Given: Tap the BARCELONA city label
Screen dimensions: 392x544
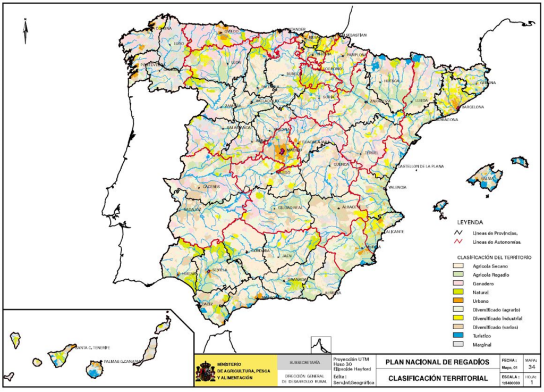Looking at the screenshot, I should click(x=473, y=107).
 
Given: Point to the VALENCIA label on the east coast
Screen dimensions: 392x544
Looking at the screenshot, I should click(x=397, y=187).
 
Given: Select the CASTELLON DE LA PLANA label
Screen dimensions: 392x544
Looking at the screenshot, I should click(x=421, y=166).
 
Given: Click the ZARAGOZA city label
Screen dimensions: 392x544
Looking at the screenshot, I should click(x=380, y=101).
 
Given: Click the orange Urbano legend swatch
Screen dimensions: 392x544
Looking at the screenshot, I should click(x=457, y=301).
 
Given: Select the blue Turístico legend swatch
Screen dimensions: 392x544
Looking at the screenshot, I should click(x=457, y=336).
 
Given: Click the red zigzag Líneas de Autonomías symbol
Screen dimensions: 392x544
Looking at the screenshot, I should click(x=457, y=241).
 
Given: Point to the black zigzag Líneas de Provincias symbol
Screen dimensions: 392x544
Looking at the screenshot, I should click(x=457, y=232).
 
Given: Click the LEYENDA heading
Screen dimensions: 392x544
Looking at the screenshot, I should click(x=470, y=221).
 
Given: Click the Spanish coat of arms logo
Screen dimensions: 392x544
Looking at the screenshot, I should click(x=205, y=371).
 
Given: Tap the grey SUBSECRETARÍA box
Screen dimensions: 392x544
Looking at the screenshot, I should click(x=304, y=362).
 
